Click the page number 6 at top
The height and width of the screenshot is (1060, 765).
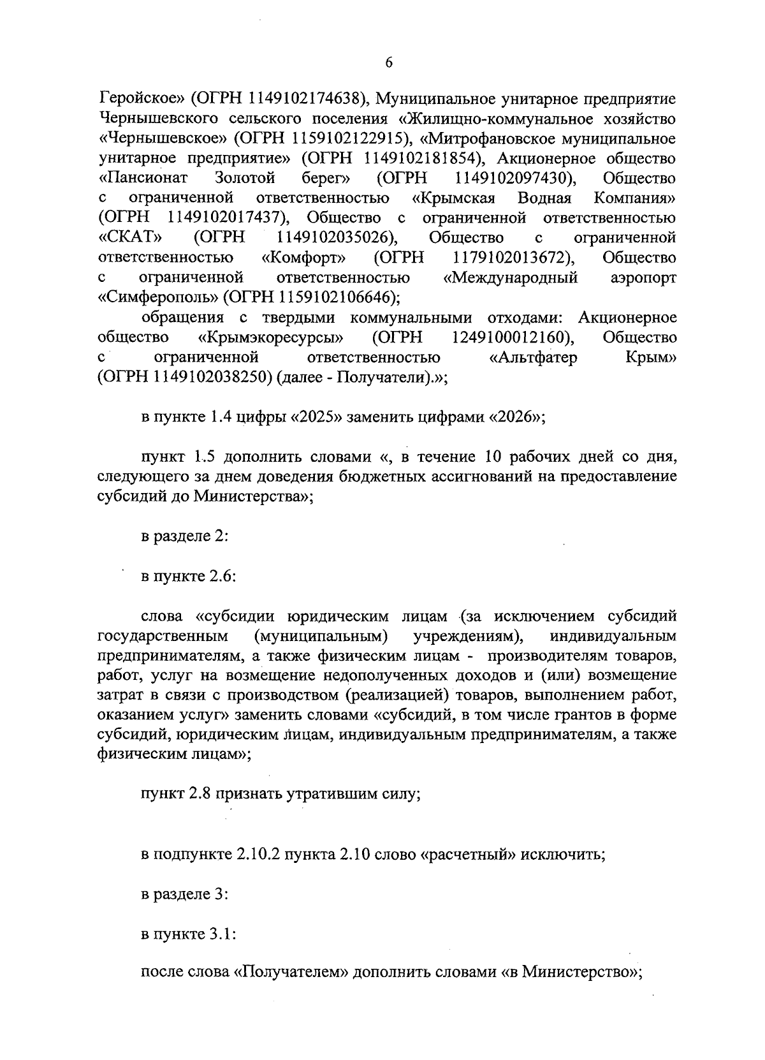pos(388,62)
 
